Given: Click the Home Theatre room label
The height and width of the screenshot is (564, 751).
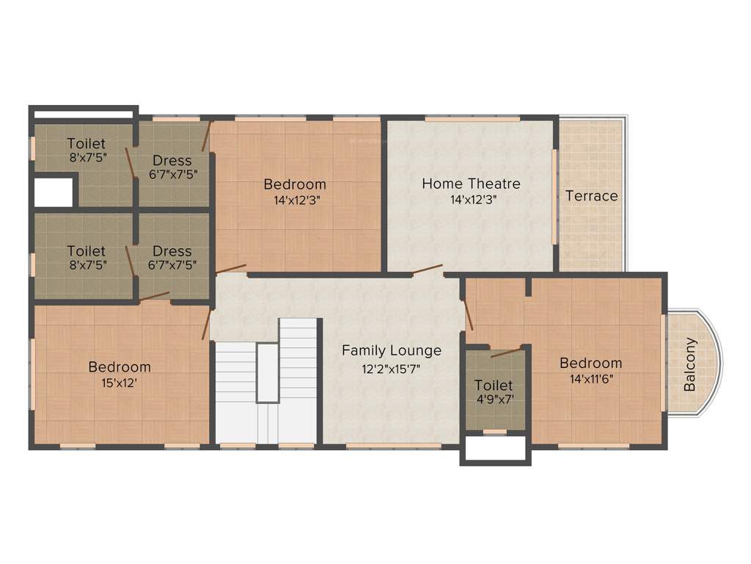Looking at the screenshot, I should tap(471, 183).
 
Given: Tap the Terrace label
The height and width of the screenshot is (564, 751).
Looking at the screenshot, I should tap(591, 196).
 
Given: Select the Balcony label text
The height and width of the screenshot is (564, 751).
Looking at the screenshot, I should tap(690, 364).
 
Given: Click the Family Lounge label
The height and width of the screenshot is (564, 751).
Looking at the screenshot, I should tap(392, 350).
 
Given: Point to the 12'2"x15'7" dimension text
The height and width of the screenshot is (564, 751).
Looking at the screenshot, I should tap(392, 369).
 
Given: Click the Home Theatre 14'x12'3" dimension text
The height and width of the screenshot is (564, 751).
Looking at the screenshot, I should tap(470, 200).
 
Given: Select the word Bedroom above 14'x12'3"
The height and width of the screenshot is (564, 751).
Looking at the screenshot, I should tap(295, 184).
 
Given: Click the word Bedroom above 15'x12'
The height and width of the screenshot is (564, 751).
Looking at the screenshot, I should tap(120, 366).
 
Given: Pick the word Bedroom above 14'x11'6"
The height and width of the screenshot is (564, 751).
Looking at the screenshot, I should tap(590, 363).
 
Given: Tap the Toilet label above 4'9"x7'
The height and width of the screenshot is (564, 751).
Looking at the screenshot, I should tap(494, 385).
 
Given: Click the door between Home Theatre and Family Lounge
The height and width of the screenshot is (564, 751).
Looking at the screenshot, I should tap(427, 270).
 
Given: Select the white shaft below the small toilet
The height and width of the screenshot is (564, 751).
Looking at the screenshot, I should tap(495, 449).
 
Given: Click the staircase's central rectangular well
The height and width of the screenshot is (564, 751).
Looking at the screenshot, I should tap(267, 372).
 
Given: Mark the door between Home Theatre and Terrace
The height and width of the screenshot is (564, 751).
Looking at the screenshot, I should tap(554, 196).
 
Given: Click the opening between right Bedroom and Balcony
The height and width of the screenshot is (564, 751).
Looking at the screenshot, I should tap(664, 363).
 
